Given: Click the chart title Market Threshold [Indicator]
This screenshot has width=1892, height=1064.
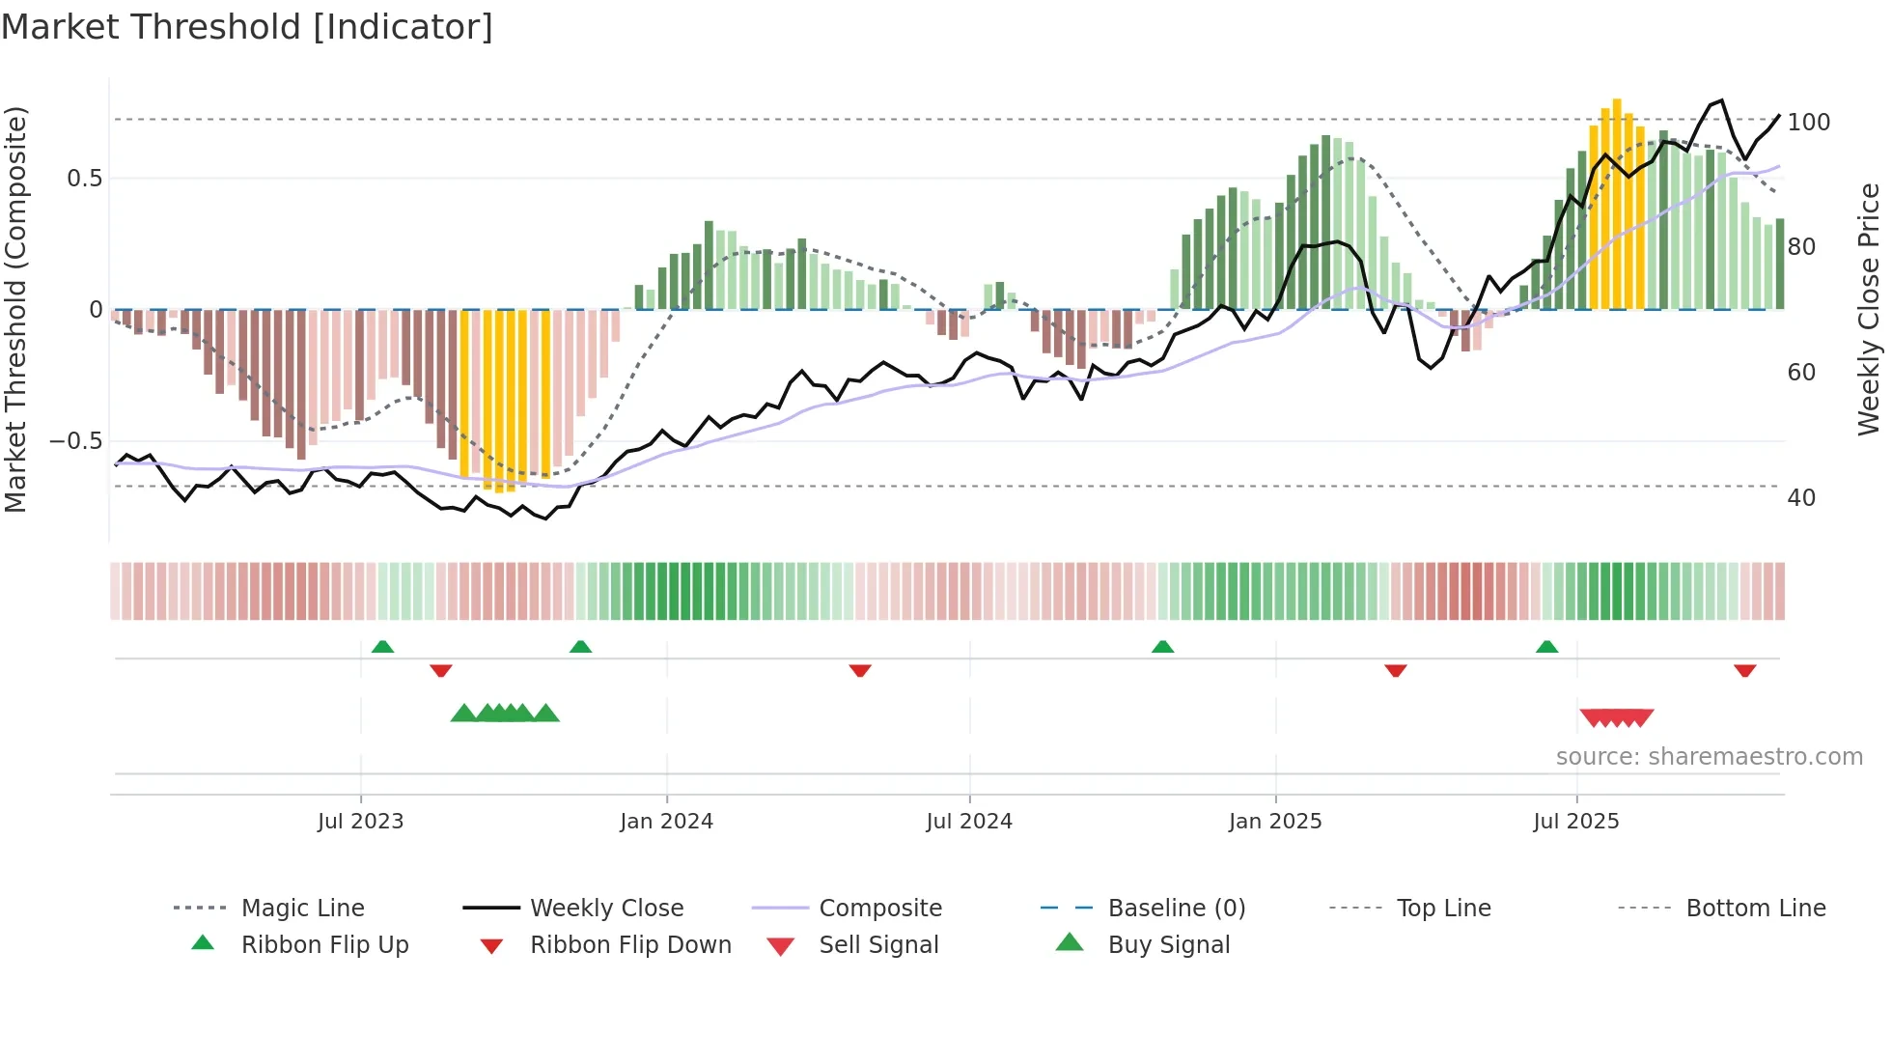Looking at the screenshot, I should pyautogui.click(x=247, y=27).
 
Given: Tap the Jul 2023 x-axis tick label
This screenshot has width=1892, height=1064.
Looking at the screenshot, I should pyautogui.click(x=360, y=822).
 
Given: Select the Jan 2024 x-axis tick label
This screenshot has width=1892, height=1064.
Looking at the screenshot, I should pyautogui.click(x=666, y=822).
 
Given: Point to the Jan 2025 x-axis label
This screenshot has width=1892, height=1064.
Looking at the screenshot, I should pyautogui.click(x=1274, y=822).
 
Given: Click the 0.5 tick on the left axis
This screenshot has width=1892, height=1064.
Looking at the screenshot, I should pyautogui.click(x=84, y=179).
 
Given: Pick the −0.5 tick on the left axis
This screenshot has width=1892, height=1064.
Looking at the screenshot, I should pyautogui.click(x=75, y=441).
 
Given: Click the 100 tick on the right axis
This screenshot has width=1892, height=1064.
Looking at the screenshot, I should pyautogui.click(x=1808, y=123).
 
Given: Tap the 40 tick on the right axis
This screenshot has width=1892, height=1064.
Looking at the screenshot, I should pyautogui.click(x=1801, y=498).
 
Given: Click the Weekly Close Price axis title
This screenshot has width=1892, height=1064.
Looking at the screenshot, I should pyautogui.click(x=1869, y=309).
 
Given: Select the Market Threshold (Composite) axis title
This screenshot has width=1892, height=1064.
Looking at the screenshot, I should pyautogui.click(x=15, y=309).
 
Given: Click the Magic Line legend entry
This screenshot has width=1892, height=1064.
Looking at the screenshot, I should pyautogui.click(x=302, y=909).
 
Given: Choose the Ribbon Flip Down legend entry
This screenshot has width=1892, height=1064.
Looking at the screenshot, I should pyautogui.click(x=630, y=945).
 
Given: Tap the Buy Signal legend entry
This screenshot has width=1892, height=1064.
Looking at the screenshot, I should pyautogui.click(x=1168, y=945).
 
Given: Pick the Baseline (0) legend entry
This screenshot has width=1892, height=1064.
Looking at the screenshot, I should pyautogui.click(x=1176, y=909).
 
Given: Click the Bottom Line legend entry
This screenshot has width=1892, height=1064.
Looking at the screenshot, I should pyautogui.click(x=1755, y=909).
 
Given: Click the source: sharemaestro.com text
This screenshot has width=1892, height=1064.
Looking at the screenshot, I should pyautogui.click(x=1709, y=757).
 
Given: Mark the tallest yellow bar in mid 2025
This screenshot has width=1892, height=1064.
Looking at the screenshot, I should pyautogui.click(x=1617, y=203).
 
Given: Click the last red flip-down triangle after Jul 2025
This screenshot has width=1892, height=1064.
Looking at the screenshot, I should pyautogui.click(x=1744, y=671).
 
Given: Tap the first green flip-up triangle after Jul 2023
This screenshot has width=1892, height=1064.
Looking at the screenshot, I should pyautogui.click(x=382, y=646).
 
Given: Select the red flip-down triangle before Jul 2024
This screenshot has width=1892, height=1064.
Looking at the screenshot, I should pyautogui.click(x=860, y=671).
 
